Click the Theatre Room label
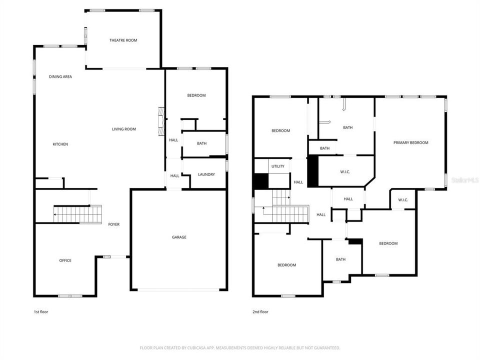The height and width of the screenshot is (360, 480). coord(123,40)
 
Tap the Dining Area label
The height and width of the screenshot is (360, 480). coord(60,76)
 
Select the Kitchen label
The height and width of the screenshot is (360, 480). coord(60,144)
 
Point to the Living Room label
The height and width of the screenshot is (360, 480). coord(123,129)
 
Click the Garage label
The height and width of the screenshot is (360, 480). coord(179,237)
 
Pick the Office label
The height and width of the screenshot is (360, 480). coord(65,260)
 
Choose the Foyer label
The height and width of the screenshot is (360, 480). coord(114,224)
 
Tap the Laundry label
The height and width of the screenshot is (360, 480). coord(206,174)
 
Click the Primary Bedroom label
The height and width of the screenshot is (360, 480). coord(410,143)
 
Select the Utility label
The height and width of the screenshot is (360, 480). coord(277,166)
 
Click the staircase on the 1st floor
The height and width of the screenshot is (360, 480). coord(77,214)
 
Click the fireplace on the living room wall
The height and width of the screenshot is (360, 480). coord(161,121)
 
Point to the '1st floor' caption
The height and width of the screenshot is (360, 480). coord(40,312)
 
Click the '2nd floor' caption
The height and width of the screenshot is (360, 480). coord(260,312)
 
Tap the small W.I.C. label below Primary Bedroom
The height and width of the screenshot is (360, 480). coord(403,200)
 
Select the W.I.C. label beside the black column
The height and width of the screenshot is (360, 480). coord(344,172)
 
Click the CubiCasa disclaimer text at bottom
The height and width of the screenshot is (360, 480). coord(240,347)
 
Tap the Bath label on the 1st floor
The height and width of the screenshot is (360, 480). coord(201,143)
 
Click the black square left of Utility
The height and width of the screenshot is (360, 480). coord(261,181)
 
